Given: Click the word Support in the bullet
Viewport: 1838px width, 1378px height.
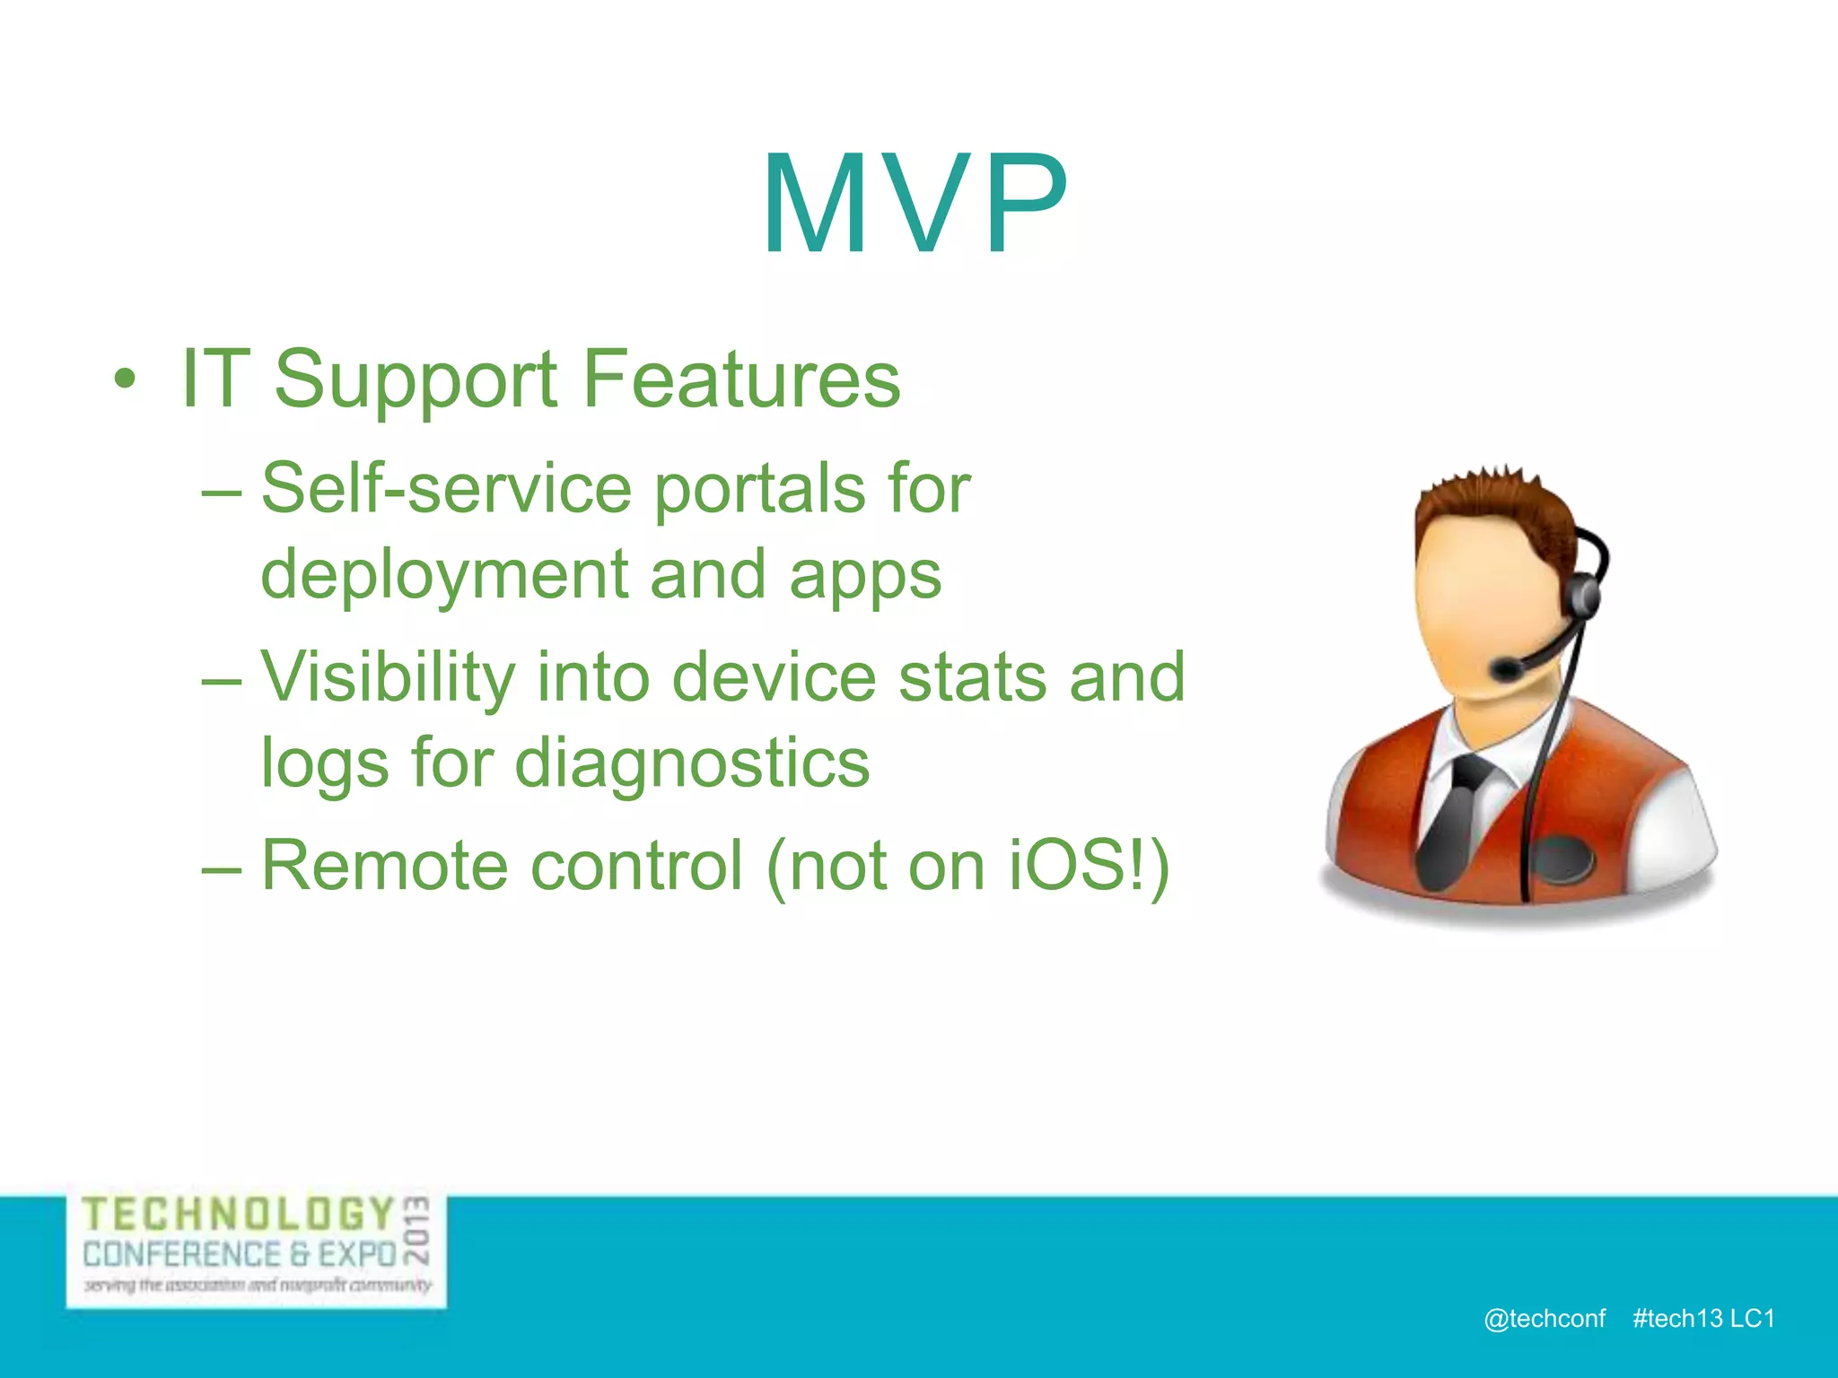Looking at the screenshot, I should [415, 380].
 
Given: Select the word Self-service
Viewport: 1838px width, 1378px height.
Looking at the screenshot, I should [446, 489].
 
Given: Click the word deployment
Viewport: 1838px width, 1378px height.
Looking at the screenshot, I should [443, 576].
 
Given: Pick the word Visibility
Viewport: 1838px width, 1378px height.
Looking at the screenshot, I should [388, 678].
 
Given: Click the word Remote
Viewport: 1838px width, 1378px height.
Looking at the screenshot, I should [384, 866].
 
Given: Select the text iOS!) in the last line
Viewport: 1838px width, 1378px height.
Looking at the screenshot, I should [1089, 866].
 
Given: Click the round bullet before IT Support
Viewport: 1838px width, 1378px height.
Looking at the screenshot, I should [126, 380].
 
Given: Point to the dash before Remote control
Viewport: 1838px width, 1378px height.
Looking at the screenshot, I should [221, 868].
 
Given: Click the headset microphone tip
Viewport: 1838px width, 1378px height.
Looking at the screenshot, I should [1504, 667].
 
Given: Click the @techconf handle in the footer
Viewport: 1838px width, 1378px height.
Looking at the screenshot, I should [1544, 1318].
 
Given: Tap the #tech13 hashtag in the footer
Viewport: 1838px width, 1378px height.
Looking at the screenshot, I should [1677, 1318].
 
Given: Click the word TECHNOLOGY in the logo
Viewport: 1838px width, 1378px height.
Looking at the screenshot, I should [239, 1215].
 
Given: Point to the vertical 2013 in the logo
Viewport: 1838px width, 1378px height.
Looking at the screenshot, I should [416, 1229].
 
